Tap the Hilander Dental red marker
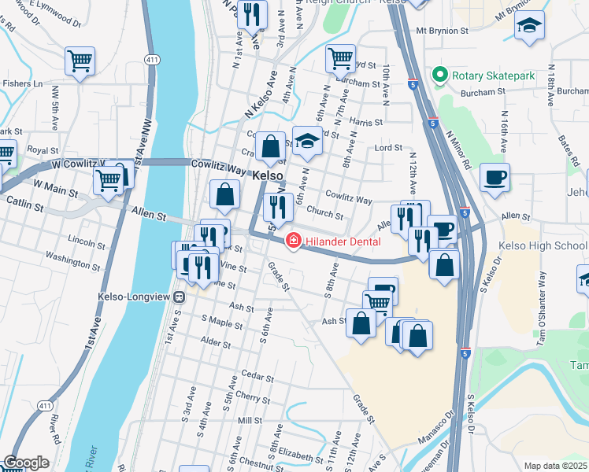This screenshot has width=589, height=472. pos(292,240)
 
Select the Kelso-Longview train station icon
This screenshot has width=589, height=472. pos(180,297)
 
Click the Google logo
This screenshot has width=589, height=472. pos(25,463)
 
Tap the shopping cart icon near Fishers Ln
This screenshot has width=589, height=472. pos(80,60)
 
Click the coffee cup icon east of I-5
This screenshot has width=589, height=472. pos(495,178)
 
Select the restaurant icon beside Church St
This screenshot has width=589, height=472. pos(278,207)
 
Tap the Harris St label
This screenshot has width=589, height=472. pos(366,123)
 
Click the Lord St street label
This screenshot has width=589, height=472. pos(388,147)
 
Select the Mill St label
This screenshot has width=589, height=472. pos(249,421)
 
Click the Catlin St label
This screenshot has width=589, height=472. pos(27,205)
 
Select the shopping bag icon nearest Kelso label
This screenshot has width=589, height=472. pos(270,146)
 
